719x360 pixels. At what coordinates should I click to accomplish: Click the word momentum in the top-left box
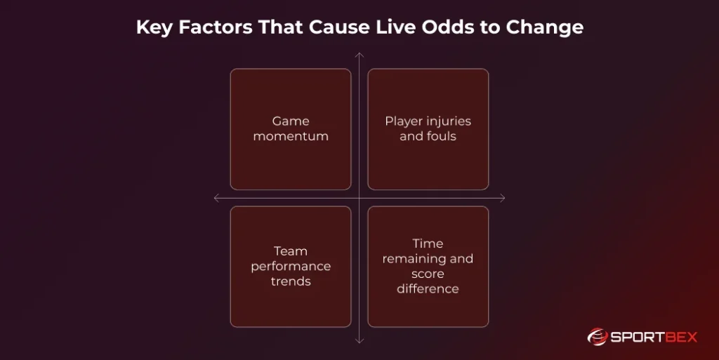tap(291, 136)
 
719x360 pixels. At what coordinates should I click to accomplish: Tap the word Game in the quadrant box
tap(291, 121)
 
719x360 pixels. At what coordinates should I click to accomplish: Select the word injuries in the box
tap(447, 121)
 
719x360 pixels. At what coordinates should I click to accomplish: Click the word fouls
tap(442, 136)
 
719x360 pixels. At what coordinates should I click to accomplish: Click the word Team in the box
tap(291, 251)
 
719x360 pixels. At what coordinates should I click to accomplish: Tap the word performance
tap(291, 266)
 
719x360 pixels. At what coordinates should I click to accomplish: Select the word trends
tap(291, 281)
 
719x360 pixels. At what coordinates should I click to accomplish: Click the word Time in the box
tap(428, 244)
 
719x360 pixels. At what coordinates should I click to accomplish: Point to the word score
tap(428, 274)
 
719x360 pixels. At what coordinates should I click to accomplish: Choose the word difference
tap(428, 288)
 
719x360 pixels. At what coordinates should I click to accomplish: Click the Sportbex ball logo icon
tap(598, 337)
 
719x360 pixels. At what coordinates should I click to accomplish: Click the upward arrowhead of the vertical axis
tap(359, 55)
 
